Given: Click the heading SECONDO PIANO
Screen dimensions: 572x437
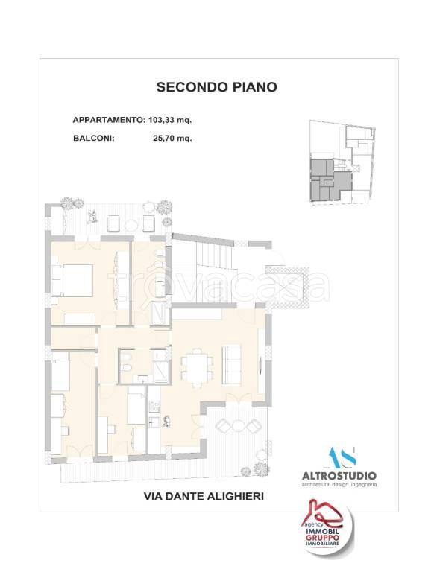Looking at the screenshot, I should click(x=216, y=87).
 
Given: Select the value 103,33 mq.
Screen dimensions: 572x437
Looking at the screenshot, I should click(x=175, y=120).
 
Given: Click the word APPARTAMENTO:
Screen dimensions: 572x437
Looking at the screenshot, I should click(x=108, y=120).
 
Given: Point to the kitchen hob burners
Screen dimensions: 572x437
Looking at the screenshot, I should click(x=156, y=407).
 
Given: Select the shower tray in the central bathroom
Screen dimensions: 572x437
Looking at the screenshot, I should click(x=161, y=365).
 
